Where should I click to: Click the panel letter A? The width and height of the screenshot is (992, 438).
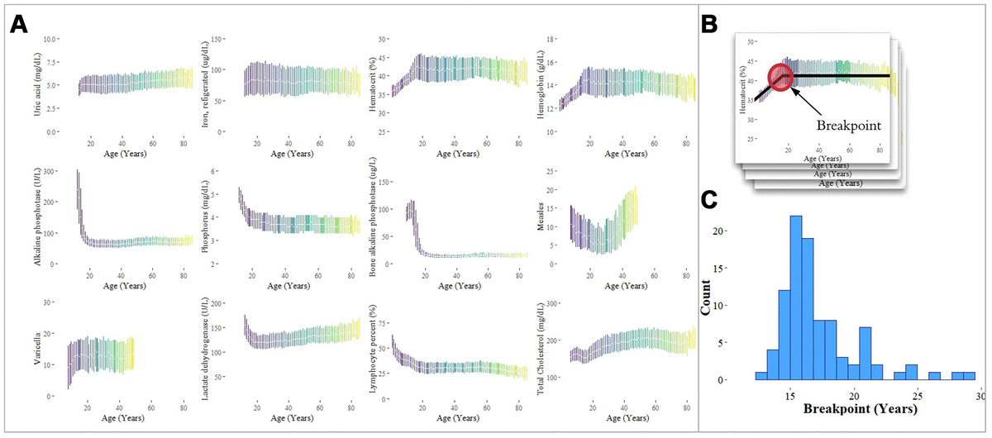(x=21, y=24)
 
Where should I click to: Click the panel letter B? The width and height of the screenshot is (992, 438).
(x=710, y=25)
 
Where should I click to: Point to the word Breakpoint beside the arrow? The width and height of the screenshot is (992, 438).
(x=847, y=126)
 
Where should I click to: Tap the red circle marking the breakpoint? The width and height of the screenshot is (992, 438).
(x=781, y=77)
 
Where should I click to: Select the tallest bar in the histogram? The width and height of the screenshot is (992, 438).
(x=796, y=298)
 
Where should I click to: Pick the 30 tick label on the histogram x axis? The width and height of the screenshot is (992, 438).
(x=981, y=395)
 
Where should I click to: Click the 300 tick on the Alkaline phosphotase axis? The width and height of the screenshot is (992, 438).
(x=48, y=171)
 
